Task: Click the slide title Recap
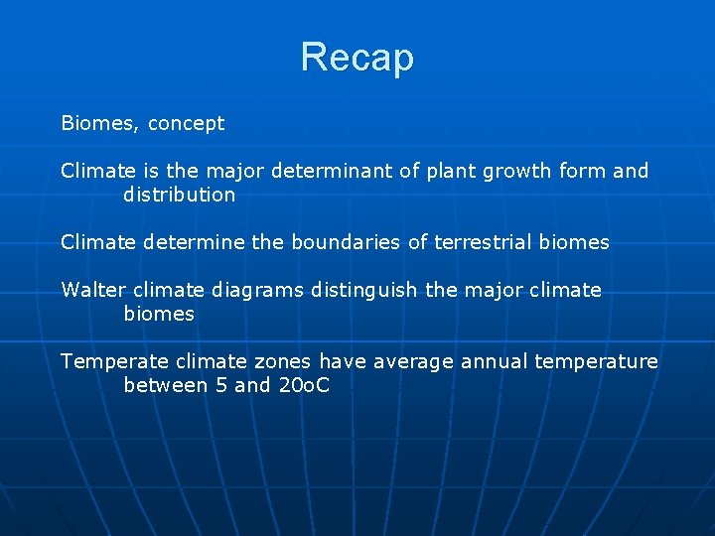(x=357, y=58)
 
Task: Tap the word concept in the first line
(x=186, y=124)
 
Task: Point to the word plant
(x=451, y=171)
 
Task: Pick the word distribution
(x=179, y=195)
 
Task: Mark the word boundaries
(x=338, y=242)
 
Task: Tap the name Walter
(x=93, y=290)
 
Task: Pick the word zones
(x=283, y=361)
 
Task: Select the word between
(x=165, y=385)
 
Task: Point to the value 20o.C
(x=303, y=385)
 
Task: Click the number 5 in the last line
(x=220, y=385)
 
